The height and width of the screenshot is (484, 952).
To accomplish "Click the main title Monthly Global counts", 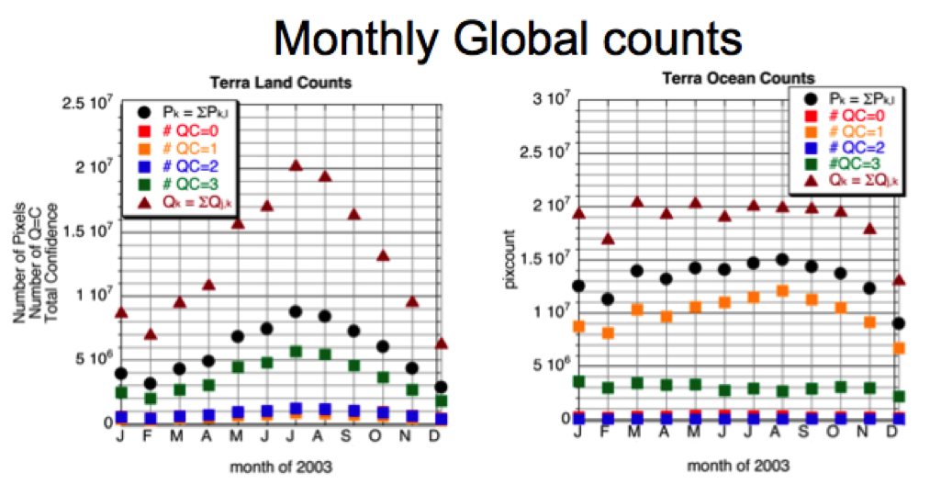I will tap(507, 39).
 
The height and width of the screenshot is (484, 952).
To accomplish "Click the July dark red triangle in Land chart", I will tap(296, 164).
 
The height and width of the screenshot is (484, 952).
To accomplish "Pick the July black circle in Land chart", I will tap(296, 312).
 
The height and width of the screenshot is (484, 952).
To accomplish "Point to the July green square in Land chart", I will tap(296, 352).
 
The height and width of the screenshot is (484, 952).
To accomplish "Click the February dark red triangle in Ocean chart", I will tap(608, 239).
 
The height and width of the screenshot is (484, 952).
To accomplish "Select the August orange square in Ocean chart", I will tap(782, 290).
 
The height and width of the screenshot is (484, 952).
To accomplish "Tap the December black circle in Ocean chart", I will tap(899, 323).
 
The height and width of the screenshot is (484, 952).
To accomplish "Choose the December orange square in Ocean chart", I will tap(899, 348).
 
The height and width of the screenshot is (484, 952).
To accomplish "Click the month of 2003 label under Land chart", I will tap(280, 467).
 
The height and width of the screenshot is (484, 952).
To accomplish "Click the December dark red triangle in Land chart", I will tap(441, 343).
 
